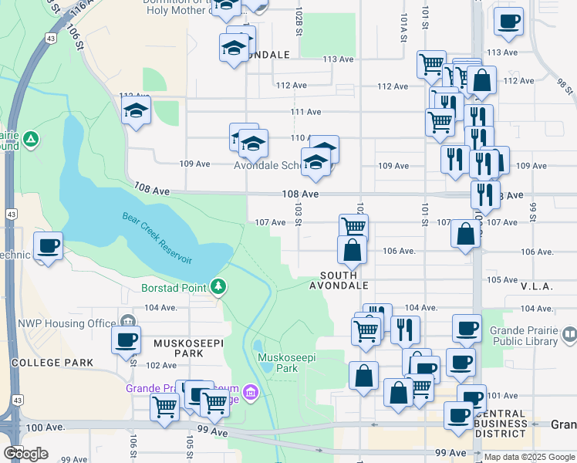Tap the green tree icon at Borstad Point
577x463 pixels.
[x=220, y=288]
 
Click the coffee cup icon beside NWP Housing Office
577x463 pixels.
[x=126, y=340]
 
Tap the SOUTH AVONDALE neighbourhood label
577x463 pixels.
[x=339, y=280]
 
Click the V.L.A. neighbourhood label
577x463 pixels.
[x=533, y=286]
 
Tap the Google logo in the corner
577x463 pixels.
[x=25, y=454]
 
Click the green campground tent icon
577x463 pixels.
[x=30, y=140]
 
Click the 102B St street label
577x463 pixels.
[x=298, y=22]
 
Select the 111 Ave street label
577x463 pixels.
[x=305, y=112]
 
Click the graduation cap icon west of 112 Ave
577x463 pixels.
[x=136, y=110]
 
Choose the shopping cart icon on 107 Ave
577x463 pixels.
[x=353, y=226]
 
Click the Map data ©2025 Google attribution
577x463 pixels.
[x=528, y=457]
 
